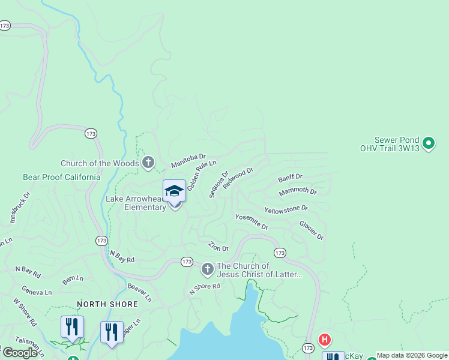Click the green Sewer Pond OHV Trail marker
point(428,143)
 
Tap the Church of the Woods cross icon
point(148,163)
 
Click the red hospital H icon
point(325,340)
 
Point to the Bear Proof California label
point(62,177)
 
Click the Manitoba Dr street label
point(188,160)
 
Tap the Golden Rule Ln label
point(200,176)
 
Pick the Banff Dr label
point(291,178)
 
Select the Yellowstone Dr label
point(286,209)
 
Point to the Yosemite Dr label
point(251,221)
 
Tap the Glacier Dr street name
point(312,230)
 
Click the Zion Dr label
point(218,247)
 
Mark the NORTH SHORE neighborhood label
point(107,304)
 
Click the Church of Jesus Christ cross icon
point(207,269)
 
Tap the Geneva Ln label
point(37,292)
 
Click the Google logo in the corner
point(20,352)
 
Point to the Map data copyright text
point(412,355)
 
